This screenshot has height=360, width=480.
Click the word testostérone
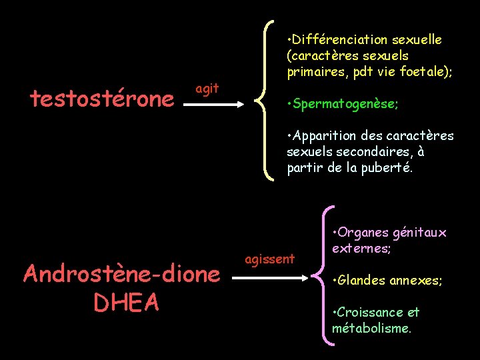click(x=101, y=99)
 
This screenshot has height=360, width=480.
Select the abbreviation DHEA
click(x=126, y=303)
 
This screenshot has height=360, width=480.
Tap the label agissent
click(x=270, y=259)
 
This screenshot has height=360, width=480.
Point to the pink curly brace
click(x=324, y=274)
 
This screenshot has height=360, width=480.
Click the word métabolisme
click(x=371, y=328)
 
